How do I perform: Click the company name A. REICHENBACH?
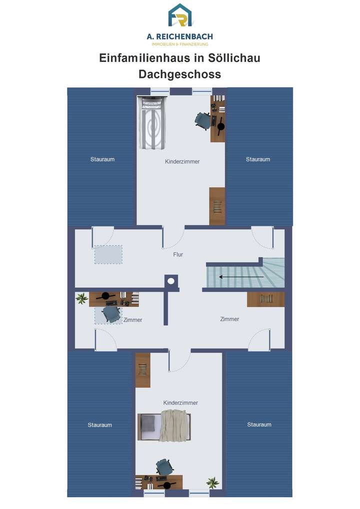click(180, 37)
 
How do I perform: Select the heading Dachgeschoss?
click(179, 74)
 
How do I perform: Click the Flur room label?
click(178, 254)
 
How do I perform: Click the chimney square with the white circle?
click(171, 281)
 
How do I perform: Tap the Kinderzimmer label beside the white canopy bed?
click(182, 161)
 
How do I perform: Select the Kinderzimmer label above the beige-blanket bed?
click(180, 402)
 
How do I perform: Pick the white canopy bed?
click(152, 123)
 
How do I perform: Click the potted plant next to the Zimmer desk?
click(81, 299)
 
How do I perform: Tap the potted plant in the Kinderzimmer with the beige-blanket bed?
click(213, 483)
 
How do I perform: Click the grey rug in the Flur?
click(108, 254)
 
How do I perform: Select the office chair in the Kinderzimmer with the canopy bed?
click(202, 120)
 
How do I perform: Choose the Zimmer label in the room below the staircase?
click(229, 319)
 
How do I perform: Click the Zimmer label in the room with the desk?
click(133, 320)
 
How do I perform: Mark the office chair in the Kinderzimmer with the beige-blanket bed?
click(164, 467)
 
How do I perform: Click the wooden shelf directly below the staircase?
click(265, 299)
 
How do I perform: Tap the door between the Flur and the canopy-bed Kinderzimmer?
click(173, 238)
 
